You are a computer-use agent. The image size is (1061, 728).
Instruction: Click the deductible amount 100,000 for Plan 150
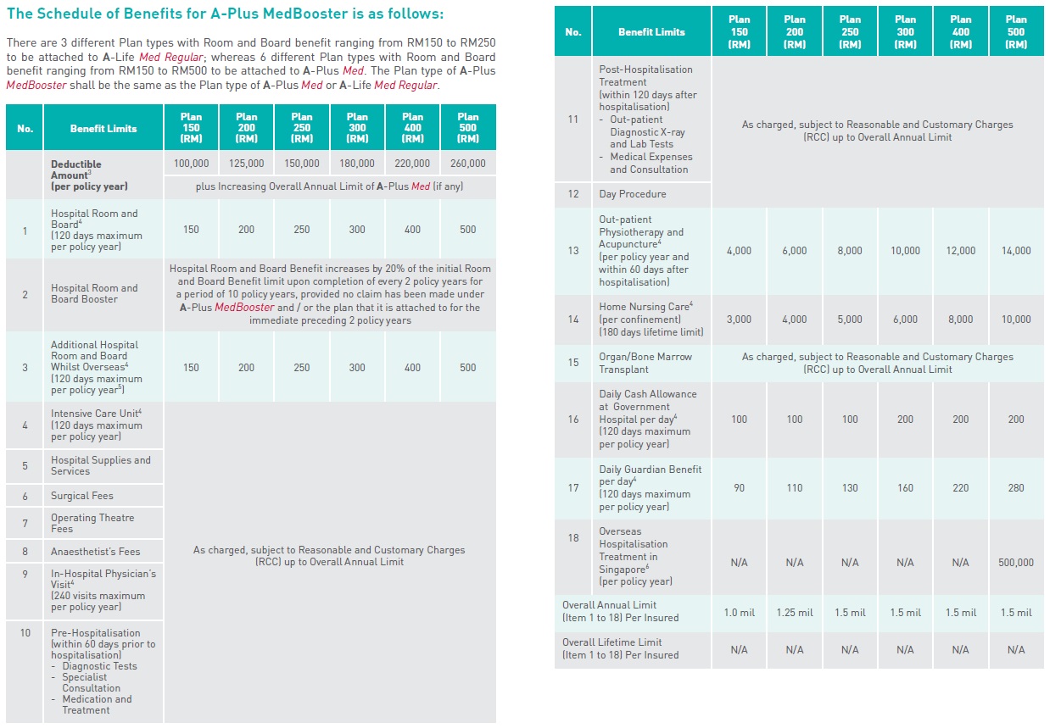(x=191, y=164)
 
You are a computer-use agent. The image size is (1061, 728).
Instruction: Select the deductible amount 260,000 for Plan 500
(x=467, y=164)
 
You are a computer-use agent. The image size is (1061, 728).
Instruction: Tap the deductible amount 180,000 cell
(x=357, y=164)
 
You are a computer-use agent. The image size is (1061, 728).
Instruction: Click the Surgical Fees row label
(x=81, y=496)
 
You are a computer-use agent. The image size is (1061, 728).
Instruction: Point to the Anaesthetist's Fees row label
(x=95, y=551)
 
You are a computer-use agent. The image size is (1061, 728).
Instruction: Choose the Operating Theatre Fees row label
(x=92, y=523)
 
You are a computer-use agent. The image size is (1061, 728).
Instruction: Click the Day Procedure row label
(x=632, y=194)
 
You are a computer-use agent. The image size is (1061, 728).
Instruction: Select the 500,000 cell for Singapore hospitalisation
(x=1016, y=563)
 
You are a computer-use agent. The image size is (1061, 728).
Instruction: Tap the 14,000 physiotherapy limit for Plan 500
(x=1016, y=251)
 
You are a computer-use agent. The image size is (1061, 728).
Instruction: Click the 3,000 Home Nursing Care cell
(x=739, y=320)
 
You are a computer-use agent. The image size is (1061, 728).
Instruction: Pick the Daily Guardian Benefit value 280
(x=1016, y=488)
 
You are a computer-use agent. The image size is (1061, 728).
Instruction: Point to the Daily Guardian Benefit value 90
(x=739, y=488)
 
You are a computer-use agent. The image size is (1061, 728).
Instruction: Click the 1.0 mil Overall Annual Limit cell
(x=739, y=613)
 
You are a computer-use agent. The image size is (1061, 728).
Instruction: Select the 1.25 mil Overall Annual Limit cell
(x=794, y=613)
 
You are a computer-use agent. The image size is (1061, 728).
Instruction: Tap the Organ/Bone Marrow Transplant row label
(x=645, y=363)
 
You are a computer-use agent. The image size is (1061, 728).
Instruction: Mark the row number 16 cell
(x=573, y=420)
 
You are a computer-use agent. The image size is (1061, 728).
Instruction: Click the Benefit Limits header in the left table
(x=103, y=129)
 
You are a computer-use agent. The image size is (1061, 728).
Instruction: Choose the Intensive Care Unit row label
(x=96, y=425)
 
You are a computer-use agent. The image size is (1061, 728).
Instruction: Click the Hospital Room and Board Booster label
(x=93, y=293)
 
